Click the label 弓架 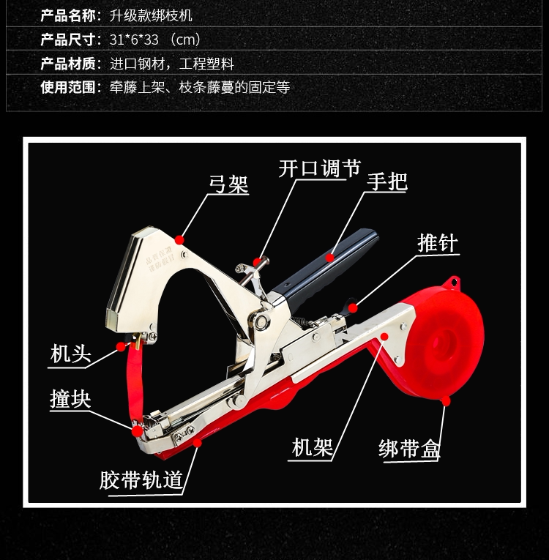[x=228, y=184]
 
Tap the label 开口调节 [x=319, y=168]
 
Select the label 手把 [x=387, y=181]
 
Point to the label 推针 [x=438, y=242]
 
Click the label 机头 [x=70, y=354]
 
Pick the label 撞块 [x=70, y=400]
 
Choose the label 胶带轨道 [x=141, y=480]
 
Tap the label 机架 [x=312, y=447]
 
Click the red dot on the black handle [x=331, y=258]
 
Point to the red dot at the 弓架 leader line [x=180, y=239]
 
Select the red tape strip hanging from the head [x=138, y=381]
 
